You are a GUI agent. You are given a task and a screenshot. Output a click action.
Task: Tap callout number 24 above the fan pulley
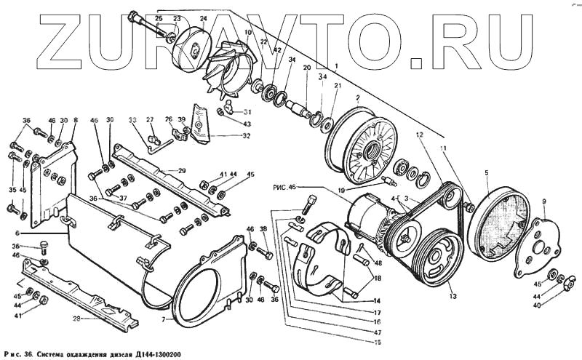point(203,18)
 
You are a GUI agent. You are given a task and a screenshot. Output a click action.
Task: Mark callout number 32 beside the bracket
point(247,136)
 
